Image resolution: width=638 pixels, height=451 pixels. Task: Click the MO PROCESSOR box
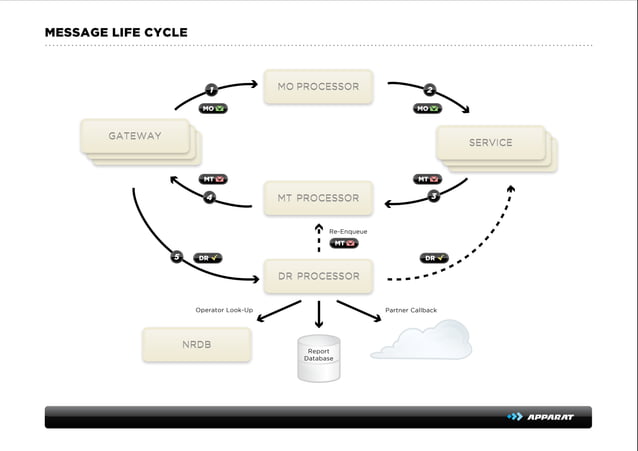[x=318, y=87]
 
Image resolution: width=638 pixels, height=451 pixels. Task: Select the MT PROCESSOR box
[x=318, y=198]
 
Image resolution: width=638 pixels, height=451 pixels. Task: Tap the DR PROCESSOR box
[x=318, y=276]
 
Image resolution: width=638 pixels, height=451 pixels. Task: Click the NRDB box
[x=196, y=344]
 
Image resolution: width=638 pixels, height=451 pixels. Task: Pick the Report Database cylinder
[x=318, y=357]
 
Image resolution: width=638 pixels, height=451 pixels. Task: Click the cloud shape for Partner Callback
[x=421, y=341]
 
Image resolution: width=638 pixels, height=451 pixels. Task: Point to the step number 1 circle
[x=211, y=90]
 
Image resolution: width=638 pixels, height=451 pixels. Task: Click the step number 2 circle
[x=429, y=90]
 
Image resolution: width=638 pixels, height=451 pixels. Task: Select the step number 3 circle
[x=433, y=196]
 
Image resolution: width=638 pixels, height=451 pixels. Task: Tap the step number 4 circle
[x=209, y=197]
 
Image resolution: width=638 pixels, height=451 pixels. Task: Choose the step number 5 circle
[x=177, y=257]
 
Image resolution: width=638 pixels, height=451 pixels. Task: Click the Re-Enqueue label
[x=348, y=231]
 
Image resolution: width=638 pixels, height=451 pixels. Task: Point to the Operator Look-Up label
[x=224, y=310]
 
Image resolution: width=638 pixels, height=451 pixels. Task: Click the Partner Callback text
[x=411, y=310]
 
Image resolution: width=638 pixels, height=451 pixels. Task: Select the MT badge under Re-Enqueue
[x=344, y=243]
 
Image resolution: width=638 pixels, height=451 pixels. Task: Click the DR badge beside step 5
[x=207, y=258]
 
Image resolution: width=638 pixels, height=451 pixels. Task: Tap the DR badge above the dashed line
[x=433, y=258]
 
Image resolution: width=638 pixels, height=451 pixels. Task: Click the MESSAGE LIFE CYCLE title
[x=116, y=33]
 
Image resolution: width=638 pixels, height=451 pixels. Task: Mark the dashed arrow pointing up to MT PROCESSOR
[x=318, y=238]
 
